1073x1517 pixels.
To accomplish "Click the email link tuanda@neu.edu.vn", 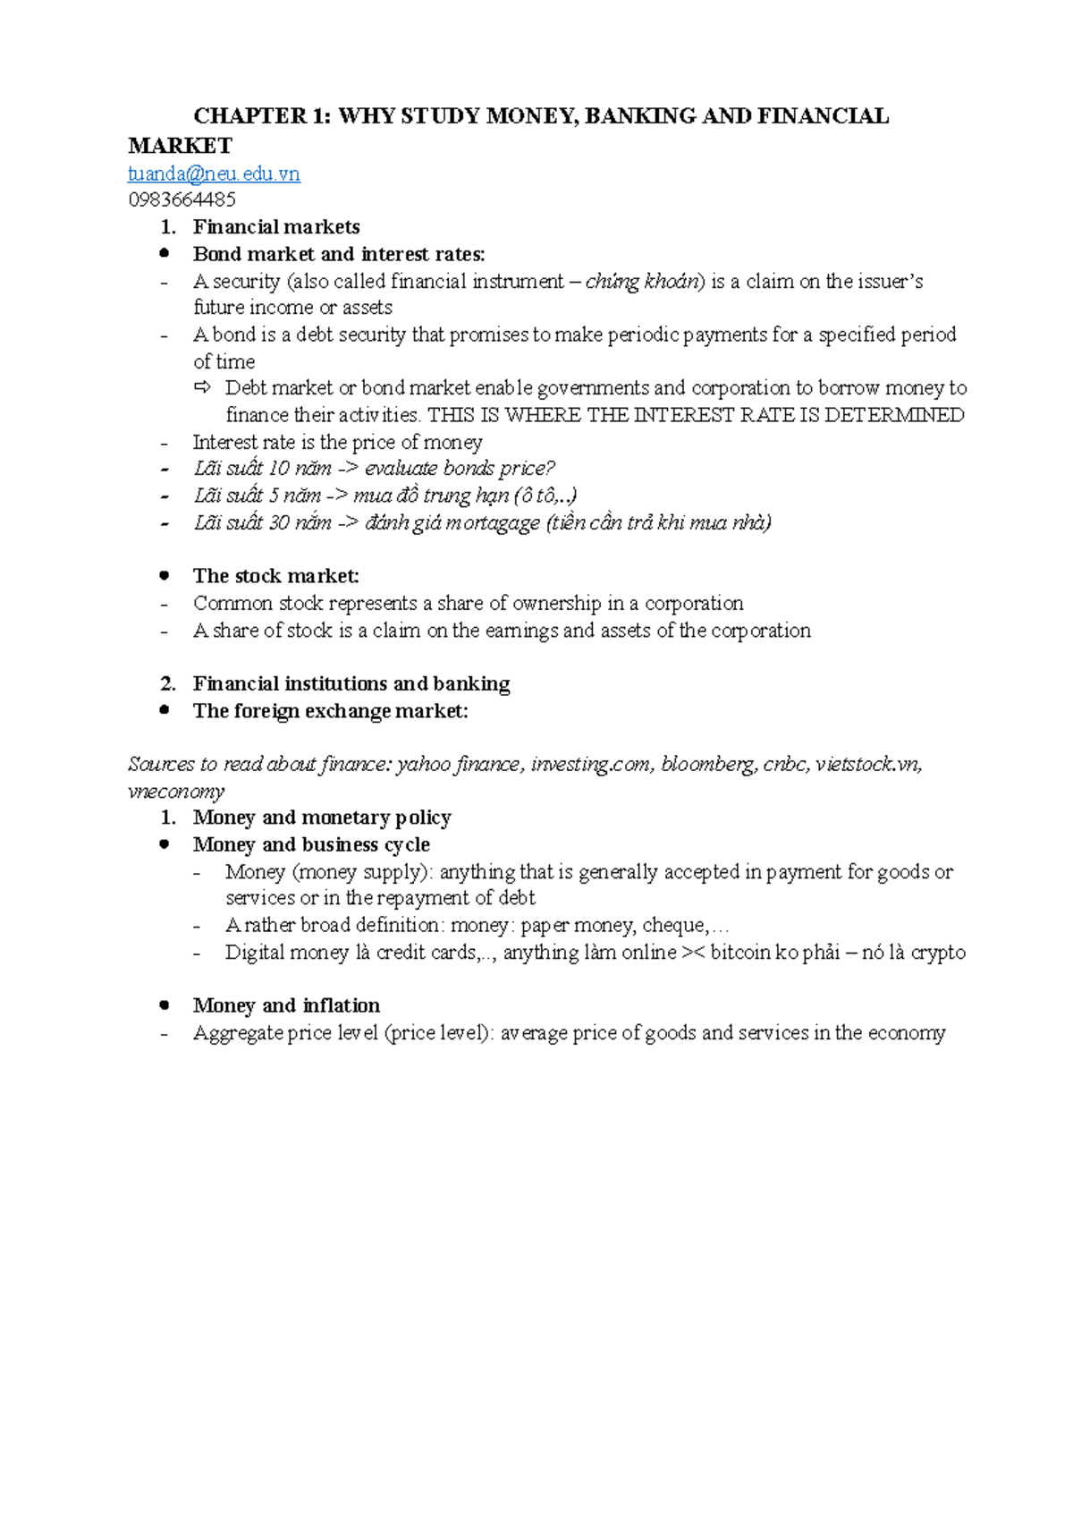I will coord(214,174).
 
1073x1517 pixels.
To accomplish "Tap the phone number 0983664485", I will coord(182,199).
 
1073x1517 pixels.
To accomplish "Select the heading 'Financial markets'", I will coord(276,227).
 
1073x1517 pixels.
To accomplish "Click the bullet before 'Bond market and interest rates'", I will coord(164,253).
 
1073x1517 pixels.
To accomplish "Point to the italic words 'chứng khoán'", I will coord(643,282).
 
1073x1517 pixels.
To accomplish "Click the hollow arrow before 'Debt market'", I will coord(203,387).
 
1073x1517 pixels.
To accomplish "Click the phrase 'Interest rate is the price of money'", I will coord(337,442).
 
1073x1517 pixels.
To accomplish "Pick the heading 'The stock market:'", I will coord(275,576).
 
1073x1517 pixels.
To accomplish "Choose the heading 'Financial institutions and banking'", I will coord(351,684).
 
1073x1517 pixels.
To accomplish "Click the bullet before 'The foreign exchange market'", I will coord(164,710).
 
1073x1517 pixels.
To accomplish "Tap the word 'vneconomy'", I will coord(176,792).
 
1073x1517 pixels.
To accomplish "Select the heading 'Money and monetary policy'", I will coord(322,818).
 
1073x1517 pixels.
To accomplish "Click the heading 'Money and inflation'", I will coord(286,1005).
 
